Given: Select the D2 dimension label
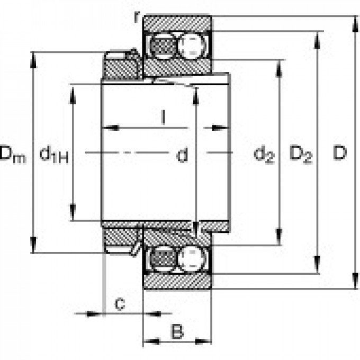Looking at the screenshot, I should pyautogui.click(x=301, y=155).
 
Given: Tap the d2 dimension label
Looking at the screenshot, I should pyautogui.click(x=264, y=155).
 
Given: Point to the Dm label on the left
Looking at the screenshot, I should pyautogui.click(x=12, y=154).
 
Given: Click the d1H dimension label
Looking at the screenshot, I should pyautogui.click(x=53, y=155).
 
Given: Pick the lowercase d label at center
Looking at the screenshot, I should pyautogui.click(x=182, y=155).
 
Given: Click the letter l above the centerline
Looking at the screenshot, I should pyautogui.click(x=164, y=118).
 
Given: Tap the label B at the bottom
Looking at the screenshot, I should pyautogui.click(x=177, y=332).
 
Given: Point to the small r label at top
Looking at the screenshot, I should pyautogui.click(x=137, y=16).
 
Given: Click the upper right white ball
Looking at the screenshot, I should pyautogui.click(x=192, y=46).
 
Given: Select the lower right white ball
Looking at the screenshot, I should pyautogui.click(x=192, y=259).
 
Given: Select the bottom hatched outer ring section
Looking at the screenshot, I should pyautogui.click(x=177, y=282).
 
